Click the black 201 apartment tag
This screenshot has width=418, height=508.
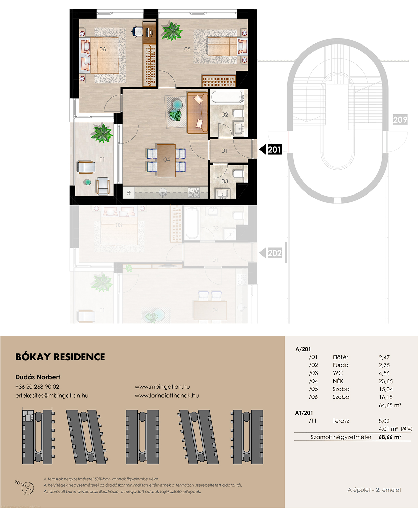270,149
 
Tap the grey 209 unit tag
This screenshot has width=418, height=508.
400,119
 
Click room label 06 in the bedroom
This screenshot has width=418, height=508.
102,49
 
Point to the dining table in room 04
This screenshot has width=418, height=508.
166,160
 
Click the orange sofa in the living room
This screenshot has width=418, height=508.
197,113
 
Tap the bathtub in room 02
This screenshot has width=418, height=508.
228,97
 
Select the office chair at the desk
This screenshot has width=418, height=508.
138,32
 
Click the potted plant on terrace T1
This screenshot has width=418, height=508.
102,132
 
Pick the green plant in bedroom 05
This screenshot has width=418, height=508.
172,31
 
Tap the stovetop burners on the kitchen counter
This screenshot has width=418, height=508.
194,192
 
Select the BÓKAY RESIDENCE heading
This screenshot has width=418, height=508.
60,357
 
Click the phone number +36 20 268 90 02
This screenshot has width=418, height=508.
37,387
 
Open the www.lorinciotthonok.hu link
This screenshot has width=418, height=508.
167,395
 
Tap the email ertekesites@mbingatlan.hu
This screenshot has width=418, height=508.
52,395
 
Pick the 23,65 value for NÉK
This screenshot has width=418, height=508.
386,381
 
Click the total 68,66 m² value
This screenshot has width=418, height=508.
390,437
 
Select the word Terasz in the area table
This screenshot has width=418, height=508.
341,421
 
